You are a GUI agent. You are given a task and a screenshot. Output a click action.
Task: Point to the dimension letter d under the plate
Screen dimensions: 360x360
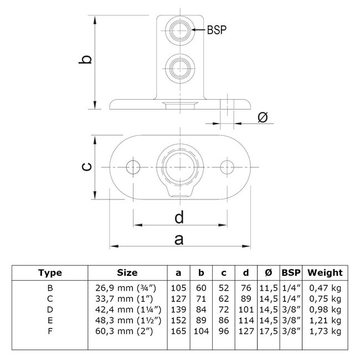[x=179, y=217]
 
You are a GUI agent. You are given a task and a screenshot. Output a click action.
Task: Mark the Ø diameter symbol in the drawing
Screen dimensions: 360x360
[x=263, y=117]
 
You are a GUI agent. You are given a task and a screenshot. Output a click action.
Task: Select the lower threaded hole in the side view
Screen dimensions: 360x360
[x=179, y=68]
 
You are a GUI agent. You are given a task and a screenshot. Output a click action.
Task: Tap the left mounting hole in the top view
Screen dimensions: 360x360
[x=132, y=166]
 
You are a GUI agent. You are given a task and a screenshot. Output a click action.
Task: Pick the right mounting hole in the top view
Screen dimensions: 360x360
[x=227, y=166]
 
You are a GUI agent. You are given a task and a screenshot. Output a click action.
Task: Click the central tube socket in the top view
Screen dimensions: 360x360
[x=179, y=166]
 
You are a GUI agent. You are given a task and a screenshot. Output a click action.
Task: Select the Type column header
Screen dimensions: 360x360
[x=50, y=272]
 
